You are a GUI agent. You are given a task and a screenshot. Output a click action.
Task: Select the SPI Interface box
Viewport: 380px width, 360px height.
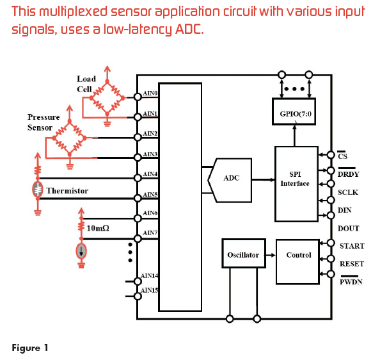(296, 184)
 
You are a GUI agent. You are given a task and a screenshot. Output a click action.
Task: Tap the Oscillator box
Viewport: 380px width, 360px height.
(244, 253)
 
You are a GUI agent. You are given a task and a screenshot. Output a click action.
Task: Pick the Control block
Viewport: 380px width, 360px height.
(297, 261)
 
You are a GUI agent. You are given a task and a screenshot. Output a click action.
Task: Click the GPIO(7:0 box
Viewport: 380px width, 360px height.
(294, 111)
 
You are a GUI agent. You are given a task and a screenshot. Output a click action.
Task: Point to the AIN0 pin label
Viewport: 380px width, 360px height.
(150, 93)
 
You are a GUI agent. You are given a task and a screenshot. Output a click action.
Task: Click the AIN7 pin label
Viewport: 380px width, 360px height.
(150, 233)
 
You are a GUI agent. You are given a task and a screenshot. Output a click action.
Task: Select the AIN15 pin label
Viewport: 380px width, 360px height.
(149, 290)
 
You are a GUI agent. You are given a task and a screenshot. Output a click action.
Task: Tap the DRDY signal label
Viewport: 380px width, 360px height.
(348, 174)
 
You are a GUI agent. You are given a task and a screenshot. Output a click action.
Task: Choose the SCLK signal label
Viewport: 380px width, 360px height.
(348, 192)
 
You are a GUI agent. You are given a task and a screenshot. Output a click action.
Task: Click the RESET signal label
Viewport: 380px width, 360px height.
(352, 264)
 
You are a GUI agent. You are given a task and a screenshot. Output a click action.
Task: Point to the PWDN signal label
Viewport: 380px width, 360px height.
(351, 282)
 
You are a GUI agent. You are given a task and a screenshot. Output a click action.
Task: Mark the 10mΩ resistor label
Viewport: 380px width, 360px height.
(98, 228)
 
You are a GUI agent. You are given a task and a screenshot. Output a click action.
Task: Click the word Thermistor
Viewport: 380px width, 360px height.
(67, 191)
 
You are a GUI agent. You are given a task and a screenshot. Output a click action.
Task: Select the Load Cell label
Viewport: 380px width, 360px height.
(86, 84)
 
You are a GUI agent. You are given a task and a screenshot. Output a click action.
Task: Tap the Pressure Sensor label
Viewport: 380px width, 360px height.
(44, 122)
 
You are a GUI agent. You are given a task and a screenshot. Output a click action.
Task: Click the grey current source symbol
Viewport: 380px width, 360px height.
(81, 251)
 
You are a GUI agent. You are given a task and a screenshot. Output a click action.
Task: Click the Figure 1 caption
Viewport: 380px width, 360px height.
(30, 348)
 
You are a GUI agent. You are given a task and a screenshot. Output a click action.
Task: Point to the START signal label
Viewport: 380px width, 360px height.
(352, 246)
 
